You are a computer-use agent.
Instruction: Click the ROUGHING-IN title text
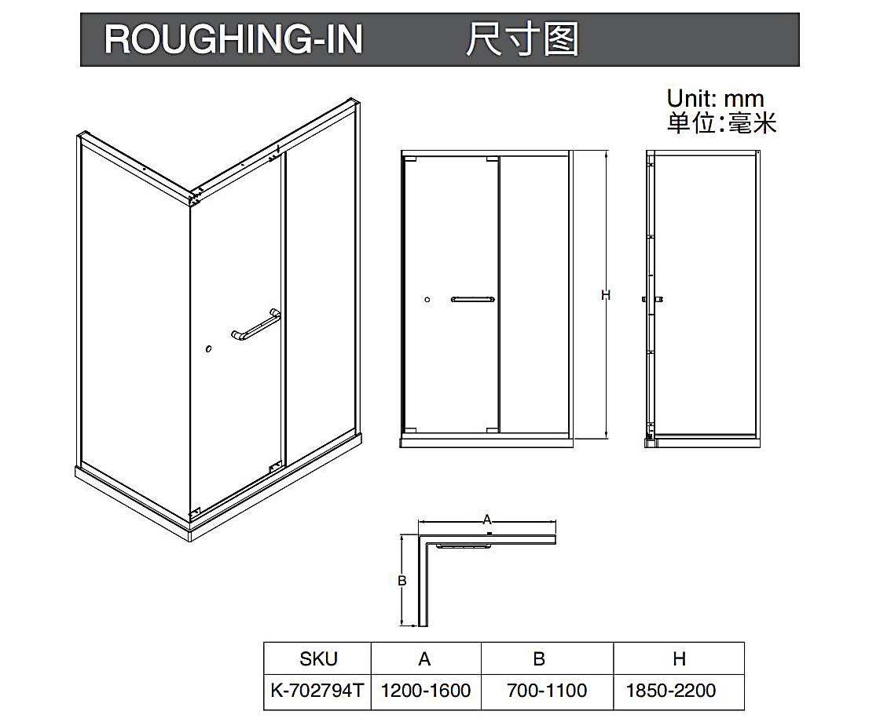[x=233, y=39]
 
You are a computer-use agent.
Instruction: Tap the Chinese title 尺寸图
[x=522, y=39]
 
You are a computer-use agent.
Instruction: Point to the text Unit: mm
[x=715, y=99]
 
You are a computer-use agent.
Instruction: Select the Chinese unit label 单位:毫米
[x=721, y=123]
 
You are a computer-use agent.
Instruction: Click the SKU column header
[x=318, y=659]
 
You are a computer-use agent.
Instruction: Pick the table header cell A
[x=425, y=659]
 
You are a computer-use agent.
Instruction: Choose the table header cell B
[x=539, y=659]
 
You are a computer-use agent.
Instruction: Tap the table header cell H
[x=680, y=659]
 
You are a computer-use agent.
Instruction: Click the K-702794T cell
[x=317, y=691]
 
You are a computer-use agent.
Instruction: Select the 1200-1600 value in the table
[x=426, y=691]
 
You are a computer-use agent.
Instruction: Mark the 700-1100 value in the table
[x=548, y=691]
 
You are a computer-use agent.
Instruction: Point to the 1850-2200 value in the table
[x=671, y=691]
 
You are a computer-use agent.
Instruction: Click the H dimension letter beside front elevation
[x=606, y=295]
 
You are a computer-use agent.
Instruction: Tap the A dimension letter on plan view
[x=486, y=519]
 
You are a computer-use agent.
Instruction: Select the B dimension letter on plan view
[x=401, y=581]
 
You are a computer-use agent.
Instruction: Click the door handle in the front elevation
[x=472, y=299]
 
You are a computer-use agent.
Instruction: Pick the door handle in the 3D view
[x=256, y=326]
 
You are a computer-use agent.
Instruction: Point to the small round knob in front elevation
[x=427, y=300]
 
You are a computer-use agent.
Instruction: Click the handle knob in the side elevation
[x=652, y=299]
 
